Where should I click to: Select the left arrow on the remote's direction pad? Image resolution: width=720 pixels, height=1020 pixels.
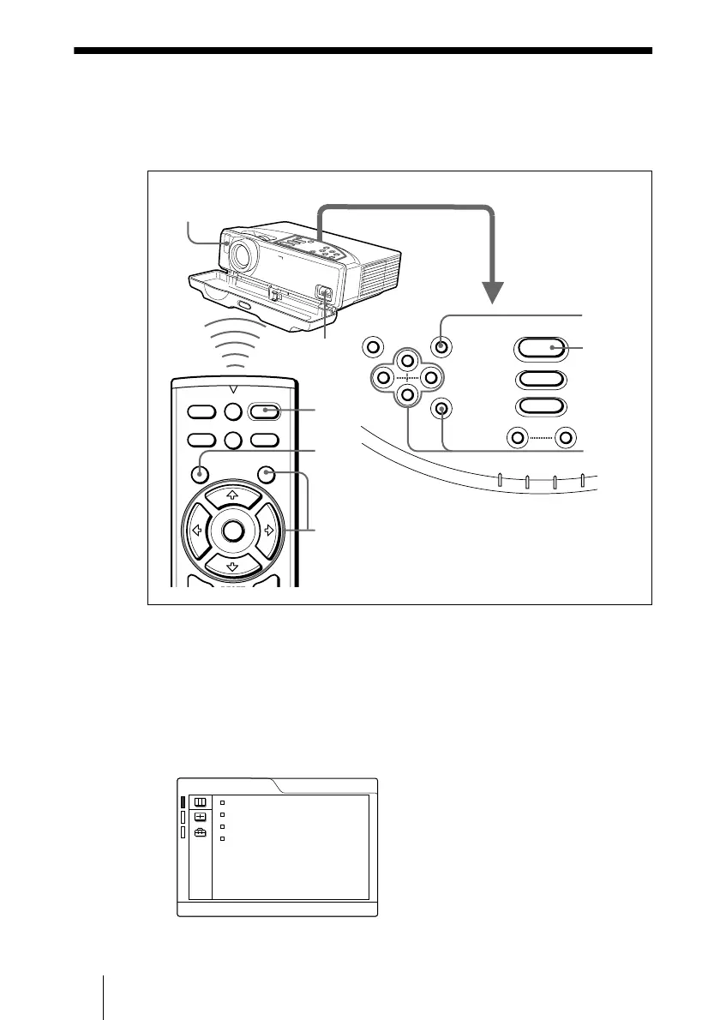[x=195, y=531]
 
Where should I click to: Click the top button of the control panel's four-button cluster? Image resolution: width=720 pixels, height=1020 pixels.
[x=408, y=360]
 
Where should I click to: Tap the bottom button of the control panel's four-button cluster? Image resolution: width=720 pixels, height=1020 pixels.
[x=408, y=394]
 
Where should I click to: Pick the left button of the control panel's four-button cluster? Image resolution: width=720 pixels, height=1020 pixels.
[x=384, y=377]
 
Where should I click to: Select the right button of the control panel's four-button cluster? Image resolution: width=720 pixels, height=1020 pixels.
[x=431, y=377]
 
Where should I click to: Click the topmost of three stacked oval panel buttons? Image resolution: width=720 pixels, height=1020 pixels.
[x=539, y=348]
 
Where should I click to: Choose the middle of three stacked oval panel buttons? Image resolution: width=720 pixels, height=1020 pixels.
[x=539, y=380]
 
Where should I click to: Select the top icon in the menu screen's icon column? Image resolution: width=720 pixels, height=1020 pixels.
[x=200, y=802]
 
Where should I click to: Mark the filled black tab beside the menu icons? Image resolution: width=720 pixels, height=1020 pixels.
[x=183, y=802]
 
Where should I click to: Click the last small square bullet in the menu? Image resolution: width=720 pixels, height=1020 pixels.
[x=221, y=838]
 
